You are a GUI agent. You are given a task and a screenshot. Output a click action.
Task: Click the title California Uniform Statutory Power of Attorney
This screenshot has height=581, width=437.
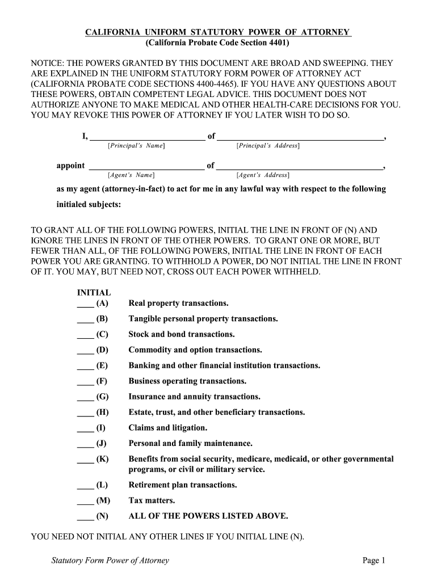tap(218, 32)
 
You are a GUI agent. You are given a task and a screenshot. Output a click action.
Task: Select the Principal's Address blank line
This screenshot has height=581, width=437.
tap(300, 137)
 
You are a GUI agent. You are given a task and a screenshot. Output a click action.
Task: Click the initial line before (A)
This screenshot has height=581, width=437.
tap(85, 305)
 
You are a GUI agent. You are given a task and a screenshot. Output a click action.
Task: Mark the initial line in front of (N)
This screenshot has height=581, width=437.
tap(85, 517)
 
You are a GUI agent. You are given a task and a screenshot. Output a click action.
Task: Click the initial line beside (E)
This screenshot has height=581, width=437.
tap(85, 367)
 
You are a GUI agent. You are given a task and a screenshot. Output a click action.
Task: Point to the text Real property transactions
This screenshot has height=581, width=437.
tap(178, 304)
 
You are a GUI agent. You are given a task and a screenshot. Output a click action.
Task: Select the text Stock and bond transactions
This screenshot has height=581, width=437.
tap(182, 335)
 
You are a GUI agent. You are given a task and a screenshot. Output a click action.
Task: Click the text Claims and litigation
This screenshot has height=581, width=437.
tap(168, 428)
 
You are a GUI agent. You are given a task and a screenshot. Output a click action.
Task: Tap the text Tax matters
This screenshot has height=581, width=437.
tap(152, 501)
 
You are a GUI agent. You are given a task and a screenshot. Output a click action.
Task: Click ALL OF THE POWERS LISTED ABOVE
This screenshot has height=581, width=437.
tap(208, 516)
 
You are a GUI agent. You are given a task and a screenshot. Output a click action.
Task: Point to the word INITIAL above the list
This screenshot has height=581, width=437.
tap(94, 293)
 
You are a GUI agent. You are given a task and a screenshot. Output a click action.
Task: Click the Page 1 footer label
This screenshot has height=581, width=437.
tap(374, 561)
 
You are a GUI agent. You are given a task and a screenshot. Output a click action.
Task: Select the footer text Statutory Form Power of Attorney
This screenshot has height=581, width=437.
tap(110, 561)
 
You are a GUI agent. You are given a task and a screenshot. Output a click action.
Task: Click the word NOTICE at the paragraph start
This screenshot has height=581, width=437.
tap(48, 64)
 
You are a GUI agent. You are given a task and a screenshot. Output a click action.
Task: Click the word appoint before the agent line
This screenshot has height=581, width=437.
tap(70, 166)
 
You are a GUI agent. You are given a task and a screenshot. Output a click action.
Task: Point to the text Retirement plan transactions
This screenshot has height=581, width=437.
tap(183, 485)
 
